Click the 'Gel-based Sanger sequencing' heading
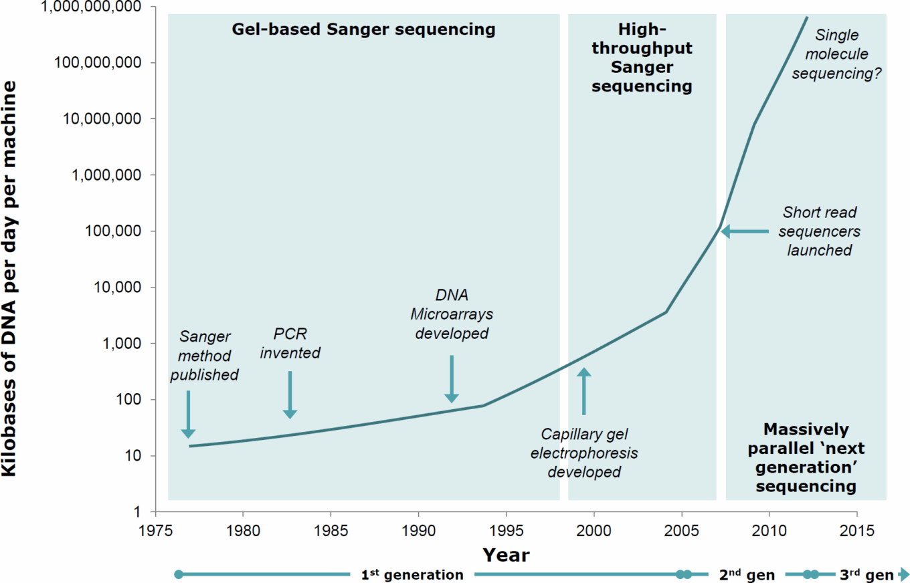pyautogui.click(x=363, y=29)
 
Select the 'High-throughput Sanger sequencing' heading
pyautogui.click(x=642, y=57)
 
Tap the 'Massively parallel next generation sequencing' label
pyautogui.click(x=806, y=457)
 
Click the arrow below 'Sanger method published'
pyautogui.click(x=188, y=414)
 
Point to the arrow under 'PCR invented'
pyautogui.click(x=290, y=394)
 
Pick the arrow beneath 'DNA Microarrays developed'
pyautogui.click(x=452, y=379)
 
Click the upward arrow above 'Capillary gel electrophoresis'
pyautogui.click(x=583, y=391)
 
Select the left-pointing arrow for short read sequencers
pyautogui.click(x=745, y=231)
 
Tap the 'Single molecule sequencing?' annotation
pyautogui.click(x=836, y=53)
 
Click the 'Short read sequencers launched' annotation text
pyautogui.click(x=820, y=231)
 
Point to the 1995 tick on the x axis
pyautogui.click(x=507, y=526)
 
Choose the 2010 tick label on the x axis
pyautogui.click(x=769, y=526)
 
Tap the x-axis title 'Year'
pyautogui.click(x=506, y=555)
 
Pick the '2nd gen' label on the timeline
pyautogui.click(x=746, y=574)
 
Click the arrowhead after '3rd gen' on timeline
pyautogui.click(x=904, y=574)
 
